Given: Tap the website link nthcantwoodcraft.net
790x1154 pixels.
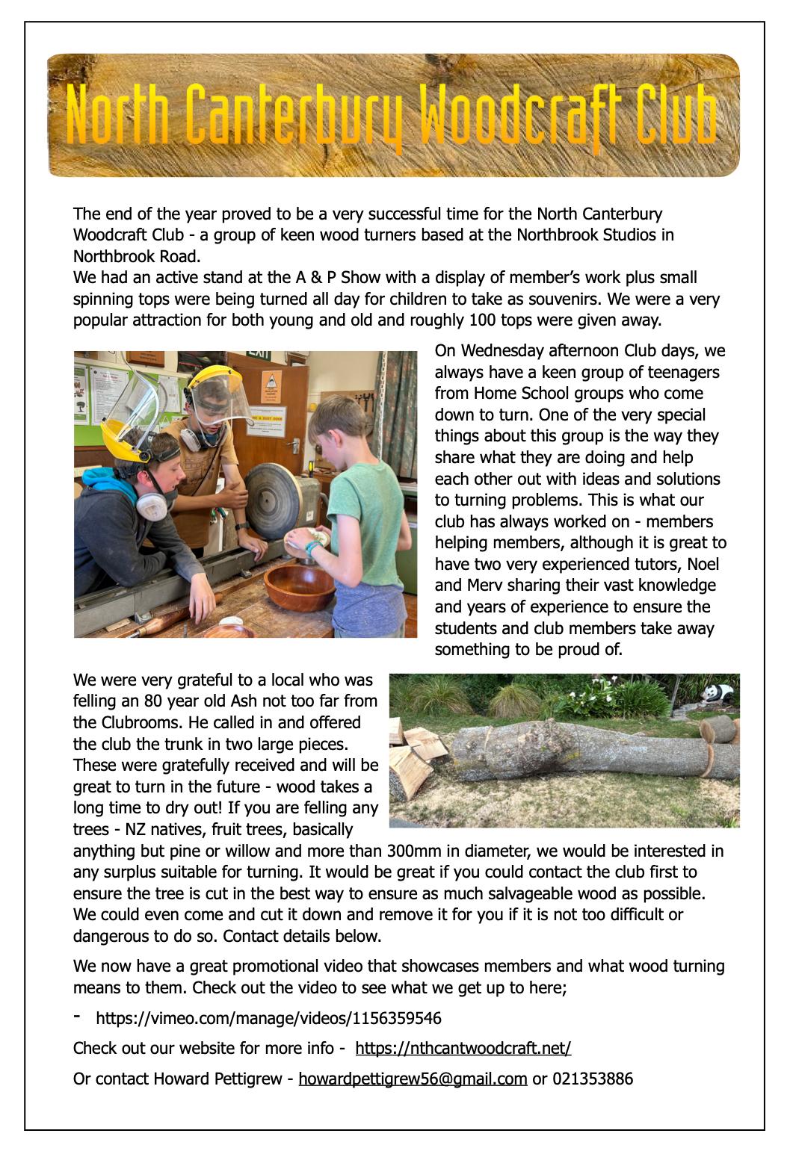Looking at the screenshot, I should coord(463,1048).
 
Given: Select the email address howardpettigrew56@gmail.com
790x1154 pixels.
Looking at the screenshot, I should coord(413,1079).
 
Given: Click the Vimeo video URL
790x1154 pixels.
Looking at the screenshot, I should coord(268,1018).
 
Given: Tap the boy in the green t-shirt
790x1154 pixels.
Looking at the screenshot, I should coord(341,493).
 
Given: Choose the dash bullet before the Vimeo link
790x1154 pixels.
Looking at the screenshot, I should coord(77,1017).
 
